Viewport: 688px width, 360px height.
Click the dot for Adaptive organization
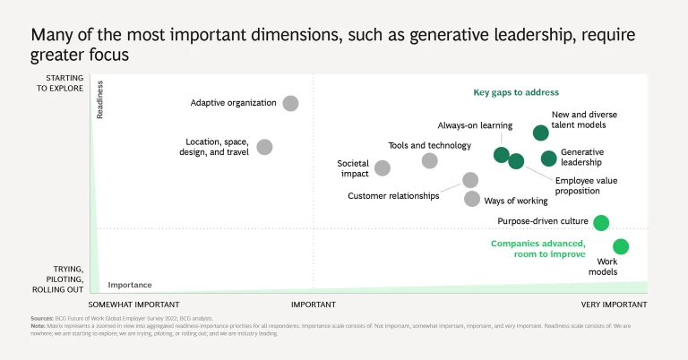[x=290, y=103]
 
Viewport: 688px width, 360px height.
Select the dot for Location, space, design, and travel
[x=264, y=147]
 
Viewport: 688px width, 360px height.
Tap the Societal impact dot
[x=383, y=167]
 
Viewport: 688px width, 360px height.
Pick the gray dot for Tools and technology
[x=430, y=160]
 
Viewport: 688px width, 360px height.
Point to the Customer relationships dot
[x=470, y=180]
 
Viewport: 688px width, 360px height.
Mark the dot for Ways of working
[x=471, y=199]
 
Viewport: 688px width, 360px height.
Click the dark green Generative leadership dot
[x=549, y=159]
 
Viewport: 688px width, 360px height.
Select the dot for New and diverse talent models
[x=541, y=133]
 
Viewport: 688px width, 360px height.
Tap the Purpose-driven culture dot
[x=601, y=222]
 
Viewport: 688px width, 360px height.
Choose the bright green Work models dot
[x=621, y=246]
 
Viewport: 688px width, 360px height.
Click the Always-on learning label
[x=475, y=125]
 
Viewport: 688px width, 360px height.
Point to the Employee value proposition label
[x=586, y=185]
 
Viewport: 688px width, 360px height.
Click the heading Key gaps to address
[x=516, y=92]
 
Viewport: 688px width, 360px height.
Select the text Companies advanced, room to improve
[x=537, y=249]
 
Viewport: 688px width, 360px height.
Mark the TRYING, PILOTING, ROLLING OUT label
[x=57, y=279]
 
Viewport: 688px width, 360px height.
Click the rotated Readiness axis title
[x=100, y=100]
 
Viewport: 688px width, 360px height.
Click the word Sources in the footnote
[x=41, y=318]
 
